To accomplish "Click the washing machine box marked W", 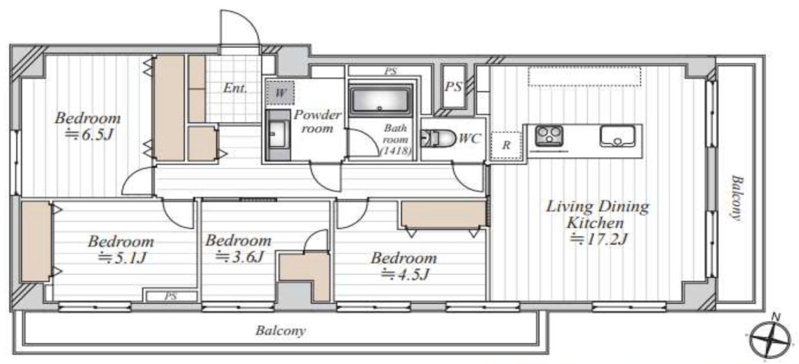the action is pyautogui.click(x=280, y=93).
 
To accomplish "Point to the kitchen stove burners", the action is pyautogui.click(x=549, y=135).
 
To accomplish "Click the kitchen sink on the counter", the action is pyautogui.click(x=617, y=136).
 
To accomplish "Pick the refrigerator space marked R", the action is pyautogui.click(x=506, y=144).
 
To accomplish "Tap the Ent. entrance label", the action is pyautogui.click(x=236, y=88).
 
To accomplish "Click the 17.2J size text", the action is pyautogui.click(x=598, y=238).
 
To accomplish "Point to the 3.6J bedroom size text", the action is pyautogui.click(x=239, y=257).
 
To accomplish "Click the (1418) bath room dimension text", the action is pyautogui.click(x=396, y=150).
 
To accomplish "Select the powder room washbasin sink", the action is pyautogui.click(x=278, y=135).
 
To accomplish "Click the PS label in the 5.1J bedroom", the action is pyautogui.click(x=170, y=296).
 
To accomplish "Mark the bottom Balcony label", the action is pyautogui.click(x=281, y=331).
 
